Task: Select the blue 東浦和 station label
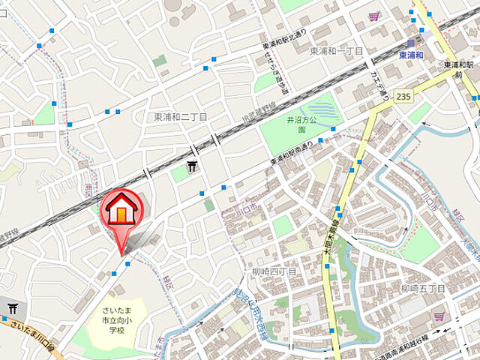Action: pyautogui.click(x=411, y=55)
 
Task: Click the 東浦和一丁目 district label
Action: pyautogui.click(x=336, y=50)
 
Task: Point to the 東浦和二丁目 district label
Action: pyautogui.click(x=181, y=117)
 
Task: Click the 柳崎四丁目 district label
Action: pyautogui.click(x=274, y=271)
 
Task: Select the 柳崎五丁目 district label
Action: pyautogui.click(x=423, y=289)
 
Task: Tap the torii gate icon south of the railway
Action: pyautogui.click(x=193, y=165)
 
